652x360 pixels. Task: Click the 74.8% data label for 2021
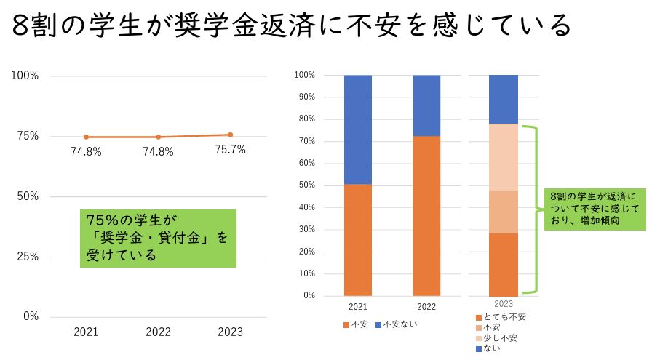coord(86,152)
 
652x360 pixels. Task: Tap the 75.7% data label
coord(231,150)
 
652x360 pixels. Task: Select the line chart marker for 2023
coord(231,135)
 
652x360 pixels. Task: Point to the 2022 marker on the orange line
coord(158,137)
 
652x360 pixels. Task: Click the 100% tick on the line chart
coord(26,76)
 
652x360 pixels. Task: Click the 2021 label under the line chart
coord(86,332)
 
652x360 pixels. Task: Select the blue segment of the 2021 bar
coord(357,129)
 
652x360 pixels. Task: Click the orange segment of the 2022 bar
coord(426,216)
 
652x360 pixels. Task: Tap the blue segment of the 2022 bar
coord(426,105)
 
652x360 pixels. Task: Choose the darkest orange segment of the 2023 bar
coord(504,264)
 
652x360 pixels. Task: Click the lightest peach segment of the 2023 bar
coord(504,157)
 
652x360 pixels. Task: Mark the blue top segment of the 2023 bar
coord(504,99)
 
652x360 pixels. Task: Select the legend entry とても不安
coord(504,318)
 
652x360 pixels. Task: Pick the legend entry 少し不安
coord(500,338)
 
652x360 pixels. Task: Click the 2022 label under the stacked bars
coord(426,307)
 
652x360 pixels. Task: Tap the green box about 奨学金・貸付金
coord(158,238)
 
